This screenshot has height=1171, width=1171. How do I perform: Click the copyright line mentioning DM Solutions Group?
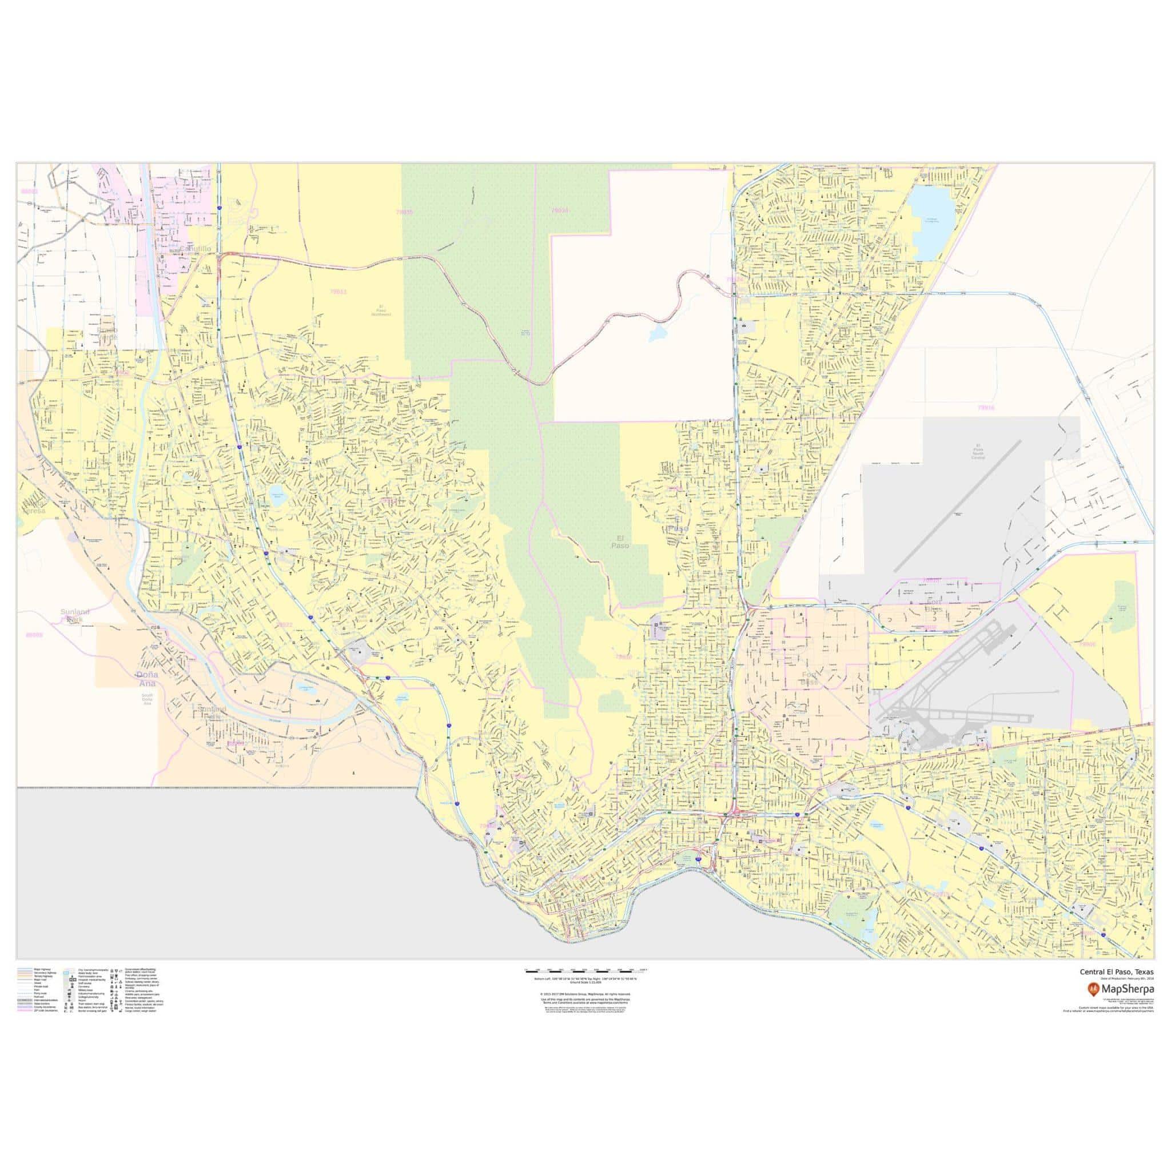pos(585,1011)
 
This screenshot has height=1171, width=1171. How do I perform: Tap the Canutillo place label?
pos(195,249)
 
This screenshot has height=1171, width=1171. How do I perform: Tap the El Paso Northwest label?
pos(381,310)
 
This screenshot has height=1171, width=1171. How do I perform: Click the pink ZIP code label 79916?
pos(986,408)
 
